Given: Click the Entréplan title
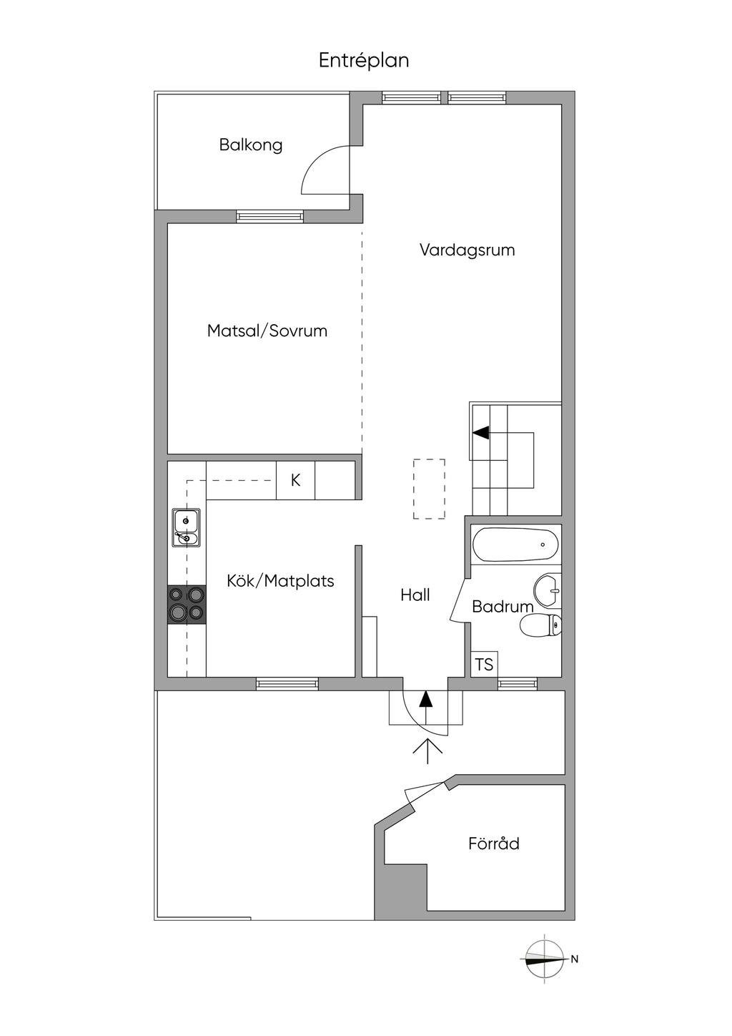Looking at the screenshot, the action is (364, 61).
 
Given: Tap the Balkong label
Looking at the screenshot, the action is (250, 145).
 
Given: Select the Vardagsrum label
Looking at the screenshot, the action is (467, 250).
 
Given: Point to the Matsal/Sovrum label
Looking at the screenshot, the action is (267, 331).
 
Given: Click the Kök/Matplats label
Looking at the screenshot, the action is (280, 581).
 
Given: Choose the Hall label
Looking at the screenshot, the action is (415, 595).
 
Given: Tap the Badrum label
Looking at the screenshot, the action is (503, 606).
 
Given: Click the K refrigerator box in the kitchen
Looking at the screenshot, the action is (295, 480).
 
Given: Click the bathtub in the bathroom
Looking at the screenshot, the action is (515, 544).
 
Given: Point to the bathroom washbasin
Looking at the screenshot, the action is (548, 590).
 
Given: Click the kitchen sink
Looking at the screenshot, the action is (187, 528).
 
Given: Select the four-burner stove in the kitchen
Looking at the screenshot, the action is (187, 605).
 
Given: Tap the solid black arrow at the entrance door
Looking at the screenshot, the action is (425, 698).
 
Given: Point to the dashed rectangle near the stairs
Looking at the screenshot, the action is (429, 489).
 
